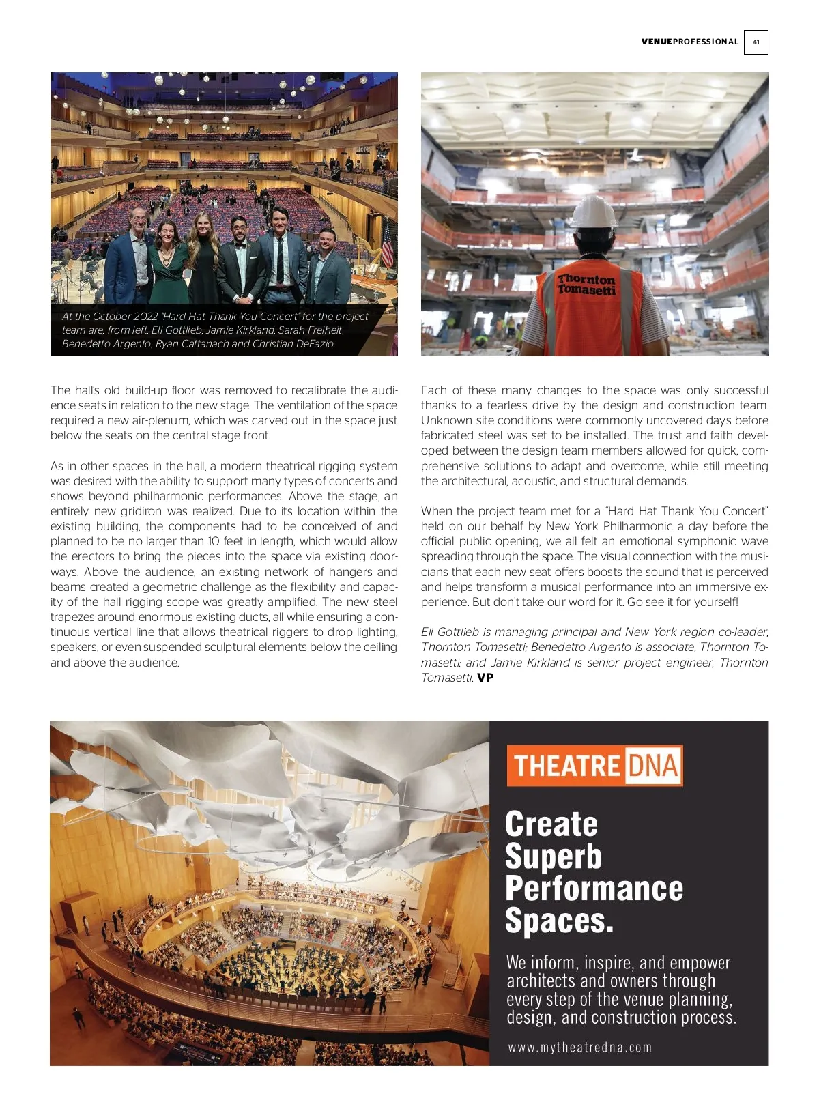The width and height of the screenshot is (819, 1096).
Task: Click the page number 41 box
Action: coord(756,42)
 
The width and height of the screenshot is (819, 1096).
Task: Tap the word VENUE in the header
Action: coord(656,42)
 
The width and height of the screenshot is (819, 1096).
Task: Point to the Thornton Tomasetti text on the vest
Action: coord(586,285)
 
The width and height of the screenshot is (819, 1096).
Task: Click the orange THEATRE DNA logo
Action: coord(594,766)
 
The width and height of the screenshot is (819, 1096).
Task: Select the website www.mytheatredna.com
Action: coord(579,1048)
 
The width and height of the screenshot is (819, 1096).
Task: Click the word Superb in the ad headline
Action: coord(553,856)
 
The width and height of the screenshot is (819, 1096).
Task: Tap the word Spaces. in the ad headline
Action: coord(559,921)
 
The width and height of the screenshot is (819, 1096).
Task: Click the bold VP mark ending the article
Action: coord(485,678)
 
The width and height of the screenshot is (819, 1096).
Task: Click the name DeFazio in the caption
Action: coord(314,344)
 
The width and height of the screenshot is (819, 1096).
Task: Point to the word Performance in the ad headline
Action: coord(594,889)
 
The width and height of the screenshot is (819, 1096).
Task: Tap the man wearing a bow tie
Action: coord(240,259)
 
